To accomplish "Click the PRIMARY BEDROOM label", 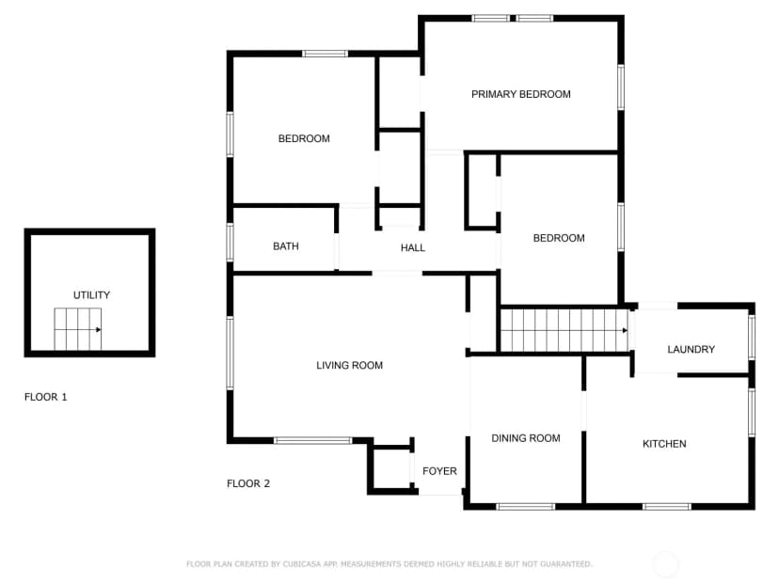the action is (x=520, y=94).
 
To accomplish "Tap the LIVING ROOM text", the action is (x=349, y=366).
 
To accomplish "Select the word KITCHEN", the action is (x=664, y=444).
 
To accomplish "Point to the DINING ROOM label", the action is (x=526, y=438).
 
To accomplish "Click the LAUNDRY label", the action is (x=692, y=350).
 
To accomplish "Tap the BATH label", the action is (x=286, y=246).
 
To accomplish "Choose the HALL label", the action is (x=413, y=248).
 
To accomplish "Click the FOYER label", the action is (x=439, y=471).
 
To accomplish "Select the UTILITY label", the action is (x=91, y=295).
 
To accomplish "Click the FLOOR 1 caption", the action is (x=46, y=397).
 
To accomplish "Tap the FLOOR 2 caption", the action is (x=248, y=483).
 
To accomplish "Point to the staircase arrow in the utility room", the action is (x=78, y=330).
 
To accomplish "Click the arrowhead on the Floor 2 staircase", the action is (x=625, y=330).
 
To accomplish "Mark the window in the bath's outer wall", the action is (x=230, y=243).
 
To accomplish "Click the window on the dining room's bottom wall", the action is (x=526, y=507).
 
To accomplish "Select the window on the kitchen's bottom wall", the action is (x=666, y=507).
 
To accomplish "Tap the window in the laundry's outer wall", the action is (x=752, y=338).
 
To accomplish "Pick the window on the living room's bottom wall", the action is (x=313, y=440).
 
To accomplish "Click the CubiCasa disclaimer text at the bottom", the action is (x=389, y=564).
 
